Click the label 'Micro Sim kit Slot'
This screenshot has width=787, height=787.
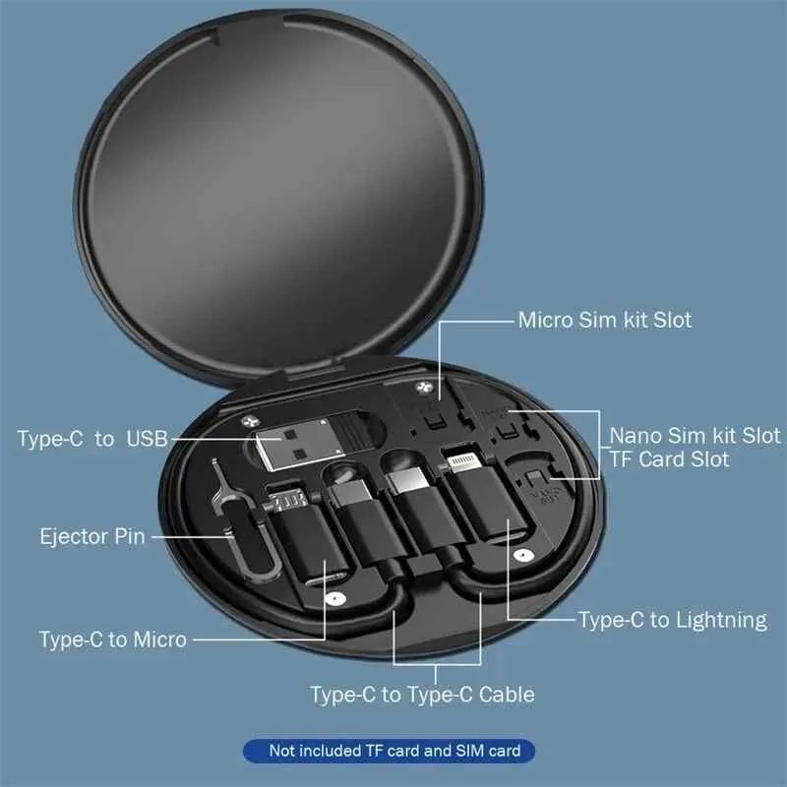click(x=604, y=320)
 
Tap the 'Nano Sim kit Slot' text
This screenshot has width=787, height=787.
click(x=695, y=435)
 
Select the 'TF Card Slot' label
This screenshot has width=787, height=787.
click(x=669, y=459)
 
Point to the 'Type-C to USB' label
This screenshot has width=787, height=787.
click(x=92, y=439)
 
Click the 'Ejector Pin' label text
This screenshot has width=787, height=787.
click(x=92, y=537)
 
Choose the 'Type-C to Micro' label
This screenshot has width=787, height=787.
click(x=112, y=639)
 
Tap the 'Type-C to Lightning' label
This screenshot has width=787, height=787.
click(x=672, y=620)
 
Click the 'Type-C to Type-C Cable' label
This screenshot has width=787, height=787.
click(x=422, y=695)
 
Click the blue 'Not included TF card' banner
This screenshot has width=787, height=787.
click(x=390, y=752)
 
